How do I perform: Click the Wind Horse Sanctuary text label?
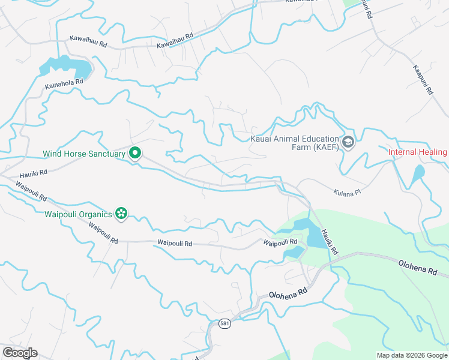(x=84, y=154)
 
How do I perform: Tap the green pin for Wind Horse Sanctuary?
(x=136, y=154)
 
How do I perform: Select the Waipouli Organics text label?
(x=78, y=214)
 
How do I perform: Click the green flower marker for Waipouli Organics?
(x=122, y=213)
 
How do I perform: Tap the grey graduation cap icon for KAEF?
(x=348, y=143)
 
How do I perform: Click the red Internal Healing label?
(x=418, y=152)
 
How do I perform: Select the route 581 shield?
(x=224, y=323)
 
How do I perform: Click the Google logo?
(x=20, y=353)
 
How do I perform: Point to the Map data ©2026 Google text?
(x=412, y=355)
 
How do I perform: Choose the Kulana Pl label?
(x=346, y=193)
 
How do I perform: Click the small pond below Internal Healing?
(x=418, y=173)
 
